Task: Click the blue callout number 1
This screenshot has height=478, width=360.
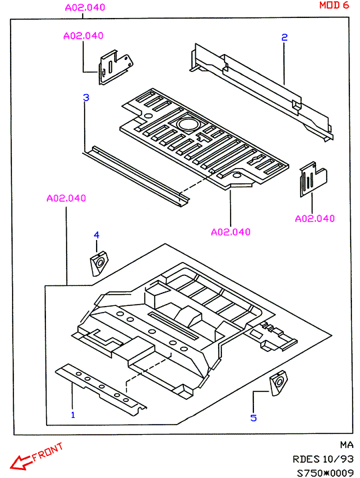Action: tap(73, 415)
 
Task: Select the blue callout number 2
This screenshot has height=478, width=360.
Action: tap(285, 37)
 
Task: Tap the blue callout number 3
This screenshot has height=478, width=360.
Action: tap(86, 97)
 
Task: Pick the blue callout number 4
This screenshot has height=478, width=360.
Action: tap(96, 235)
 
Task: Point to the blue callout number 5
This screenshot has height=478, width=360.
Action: tap(253, 417)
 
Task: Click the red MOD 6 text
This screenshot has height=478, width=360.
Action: tap(334, 5)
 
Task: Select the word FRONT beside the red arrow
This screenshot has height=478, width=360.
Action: tap(47, 452)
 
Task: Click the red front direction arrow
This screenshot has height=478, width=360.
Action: tap(21, 462)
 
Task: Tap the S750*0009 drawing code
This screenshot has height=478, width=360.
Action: tap(325, 473)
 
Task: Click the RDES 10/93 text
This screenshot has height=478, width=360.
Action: tap(323, 459)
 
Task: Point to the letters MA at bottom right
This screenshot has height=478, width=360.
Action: tap(347, 445)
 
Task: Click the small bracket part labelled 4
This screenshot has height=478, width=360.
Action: tap(99, 263)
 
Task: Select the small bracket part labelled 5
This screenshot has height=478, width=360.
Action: tap(279, 383)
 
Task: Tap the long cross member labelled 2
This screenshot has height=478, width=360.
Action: tap(262, 91)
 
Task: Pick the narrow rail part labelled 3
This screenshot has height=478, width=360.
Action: tap(136, 176)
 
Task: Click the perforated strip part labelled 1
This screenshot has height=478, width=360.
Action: tap(101, 389)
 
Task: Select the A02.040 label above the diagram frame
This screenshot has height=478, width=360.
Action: tap(85, 7)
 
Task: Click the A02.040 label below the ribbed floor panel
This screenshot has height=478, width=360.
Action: tap(231, 232)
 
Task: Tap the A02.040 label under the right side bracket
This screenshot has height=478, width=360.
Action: tap(315, 219)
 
